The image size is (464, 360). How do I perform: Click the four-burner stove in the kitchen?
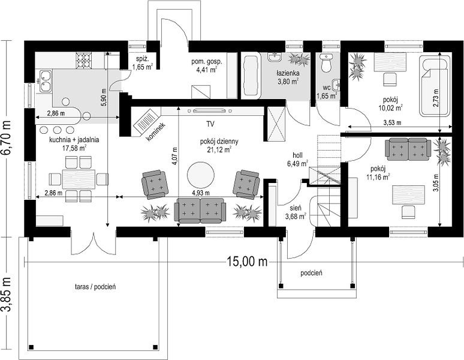[84, 60]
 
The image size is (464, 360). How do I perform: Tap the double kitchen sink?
[44, 82]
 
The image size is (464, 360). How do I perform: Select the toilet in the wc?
[326, 63]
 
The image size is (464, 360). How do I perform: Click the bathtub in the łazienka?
[251, 76]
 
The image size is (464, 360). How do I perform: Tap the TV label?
[210, 124]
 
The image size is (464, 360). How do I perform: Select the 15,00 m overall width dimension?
[248, 262]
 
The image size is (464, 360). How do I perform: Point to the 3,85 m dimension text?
[6, 295]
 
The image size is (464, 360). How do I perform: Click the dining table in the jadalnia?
[79, 179]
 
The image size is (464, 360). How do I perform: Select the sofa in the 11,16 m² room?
[408, 149]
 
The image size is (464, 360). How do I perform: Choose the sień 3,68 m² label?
[296, 212]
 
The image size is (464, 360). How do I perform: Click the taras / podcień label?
[95, 287]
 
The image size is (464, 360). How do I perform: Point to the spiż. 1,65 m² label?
[142, 62]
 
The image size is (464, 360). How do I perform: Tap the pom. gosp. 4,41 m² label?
[207, 66]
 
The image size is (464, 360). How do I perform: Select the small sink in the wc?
[336, 85]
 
